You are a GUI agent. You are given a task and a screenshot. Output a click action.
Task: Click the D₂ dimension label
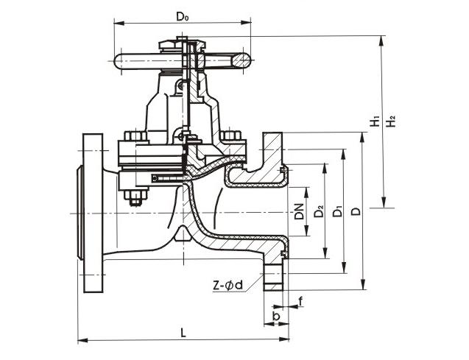pyautogui.click(x=318, y=212)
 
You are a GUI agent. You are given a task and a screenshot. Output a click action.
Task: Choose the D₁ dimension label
pyautogui.click(x=337, y=212)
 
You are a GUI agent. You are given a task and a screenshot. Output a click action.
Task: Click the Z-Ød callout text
pyautogui.click(x=228, y=284)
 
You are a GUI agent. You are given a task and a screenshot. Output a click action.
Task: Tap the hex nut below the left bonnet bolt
pyautogui.click(x=135, y=197)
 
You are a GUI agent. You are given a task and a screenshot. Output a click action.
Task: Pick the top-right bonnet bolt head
pyautogui.click(x=231, y=137)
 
